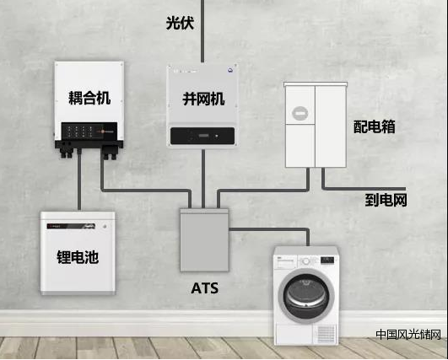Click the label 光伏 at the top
(x=180, y=23)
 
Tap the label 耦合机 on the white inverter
(x=89, y=98)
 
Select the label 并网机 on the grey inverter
(x=203, y=99)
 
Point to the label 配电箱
(x=375, y=126)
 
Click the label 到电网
(x=386, y=200)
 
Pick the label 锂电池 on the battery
(x=78, y=257)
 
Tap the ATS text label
(x=204, y=288)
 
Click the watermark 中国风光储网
(x=408, y=335)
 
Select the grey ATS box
(x=204, y=239)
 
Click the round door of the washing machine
(x=306, y=296)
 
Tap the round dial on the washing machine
(x=306, y=261)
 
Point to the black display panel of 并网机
(x=202, y=136)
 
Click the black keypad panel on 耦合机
(x=89, y=132)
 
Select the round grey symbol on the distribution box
(x=300, y=113)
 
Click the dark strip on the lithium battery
(x=71, y=226)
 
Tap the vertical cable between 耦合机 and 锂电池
(x=79, y=180)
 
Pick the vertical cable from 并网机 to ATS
(x=203, y=179)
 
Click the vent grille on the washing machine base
(x=327, y=334)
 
